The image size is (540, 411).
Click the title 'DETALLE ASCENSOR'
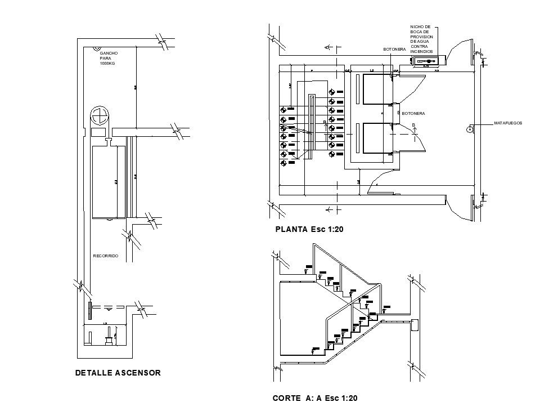click(x=118, y=373)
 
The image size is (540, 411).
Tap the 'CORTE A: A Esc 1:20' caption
click(x=315, y=398)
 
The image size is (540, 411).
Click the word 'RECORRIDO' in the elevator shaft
click(x=105, y=256)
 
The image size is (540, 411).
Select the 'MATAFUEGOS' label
click(x=508, y=122)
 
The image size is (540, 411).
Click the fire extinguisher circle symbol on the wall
click(x=469, y=129)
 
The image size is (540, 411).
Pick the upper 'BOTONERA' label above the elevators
click(x=394, y=50)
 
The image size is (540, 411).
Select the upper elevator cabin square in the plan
click(x=377, y=90)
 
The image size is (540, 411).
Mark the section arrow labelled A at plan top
click(x=328, y=49)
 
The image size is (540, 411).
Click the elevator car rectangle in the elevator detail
click(x=107, y=181)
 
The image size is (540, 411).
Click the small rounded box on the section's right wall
click(x=415, y=325)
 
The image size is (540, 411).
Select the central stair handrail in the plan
click(x=310, y=127)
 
